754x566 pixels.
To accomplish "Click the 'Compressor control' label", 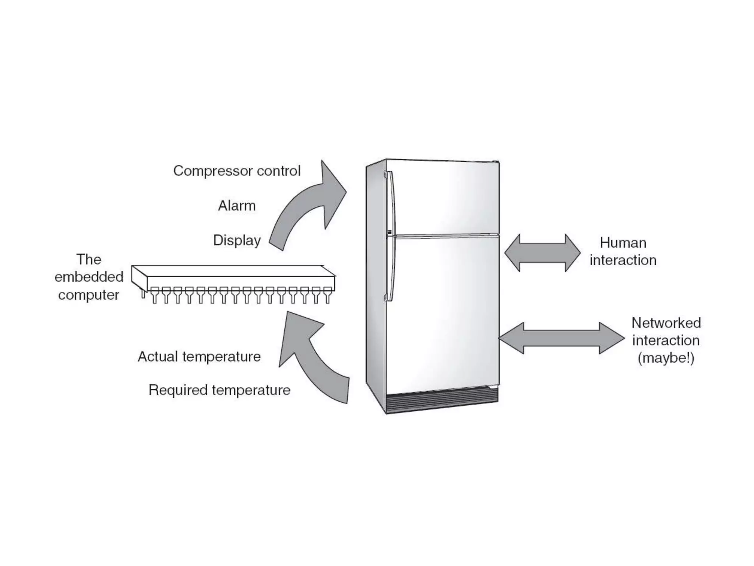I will [237, 171].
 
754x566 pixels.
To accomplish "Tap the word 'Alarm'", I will [237, 206].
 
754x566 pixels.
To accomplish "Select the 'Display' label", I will [237, 240].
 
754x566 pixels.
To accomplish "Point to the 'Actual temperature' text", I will [199, 357].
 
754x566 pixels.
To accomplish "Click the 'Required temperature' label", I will [219, 390].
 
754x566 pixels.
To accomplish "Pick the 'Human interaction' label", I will [623, 251].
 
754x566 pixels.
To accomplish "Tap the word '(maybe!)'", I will [666, 358].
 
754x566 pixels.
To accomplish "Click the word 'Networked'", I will [666, 323].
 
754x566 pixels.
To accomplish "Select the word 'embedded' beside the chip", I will [89, 277].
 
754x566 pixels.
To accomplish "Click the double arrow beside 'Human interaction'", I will [542, 253].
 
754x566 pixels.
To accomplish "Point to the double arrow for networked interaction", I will [561, 338].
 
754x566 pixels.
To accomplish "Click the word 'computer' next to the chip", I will [89, 295].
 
